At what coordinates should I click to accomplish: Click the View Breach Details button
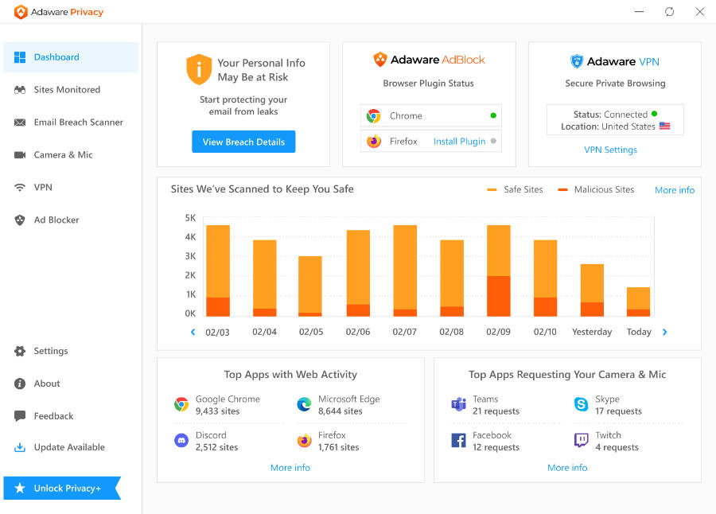pos(243,142)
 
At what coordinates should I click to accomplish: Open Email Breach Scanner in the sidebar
pos(78,123)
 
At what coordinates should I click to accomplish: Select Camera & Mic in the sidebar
pos(63,155)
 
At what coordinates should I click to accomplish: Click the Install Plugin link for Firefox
pos(459,142)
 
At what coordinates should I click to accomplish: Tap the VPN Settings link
pos(610,150)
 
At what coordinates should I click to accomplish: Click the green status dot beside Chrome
pos(493,115)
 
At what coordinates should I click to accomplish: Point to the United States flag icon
pos(665,127)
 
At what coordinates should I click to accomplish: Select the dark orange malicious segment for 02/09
pos(498,296)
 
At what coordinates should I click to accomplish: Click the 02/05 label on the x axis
pos(311,332)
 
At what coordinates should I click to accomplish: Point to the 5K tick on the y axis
pos(190,218)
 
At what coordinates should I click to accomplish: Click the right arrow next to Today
pos(665,332)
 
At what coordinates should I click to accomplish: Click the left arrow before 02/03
pos(193,332)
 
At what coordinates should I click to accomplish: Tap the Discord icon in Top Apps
pos(181,441)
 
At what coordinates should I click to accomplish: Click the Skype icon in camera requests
pos(581,405)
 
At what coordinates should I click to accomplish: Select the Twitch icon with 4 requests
pos(581,441)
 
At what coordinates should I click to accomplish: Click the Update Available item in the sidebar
pos(68,447)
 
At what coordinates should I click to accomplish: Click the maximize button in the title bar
pos(669,12)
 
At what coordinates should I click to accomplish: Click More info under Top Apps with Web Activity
pos(290,468)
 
